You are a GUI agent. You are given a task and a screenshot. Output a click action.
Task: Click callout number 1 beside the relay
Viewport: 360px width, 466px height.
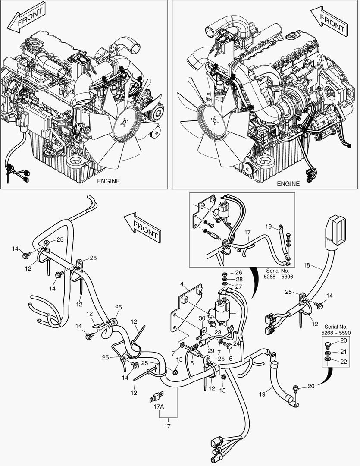point(237,312)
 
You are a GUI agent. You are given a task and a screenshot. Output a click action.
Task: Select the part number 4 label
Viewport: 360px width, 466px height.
point(182,284)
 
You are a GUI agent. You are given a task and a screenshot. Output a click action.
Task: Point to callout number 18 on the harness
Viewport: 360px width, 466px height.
point(307,266)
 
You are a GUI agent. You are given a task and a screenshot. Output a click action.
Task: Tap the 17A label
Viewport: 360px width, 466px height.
point(159,407)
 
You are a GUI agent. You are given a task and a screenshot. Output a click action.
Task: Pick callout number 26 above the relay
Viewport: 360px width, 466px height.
point(238,273)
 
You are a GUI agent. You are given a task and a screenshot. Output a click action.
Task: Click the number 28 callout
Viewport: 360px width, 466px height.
point(238,280)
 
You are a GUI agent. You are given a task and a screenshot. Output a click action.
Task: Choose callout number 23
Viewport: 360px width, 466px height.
point(218,333)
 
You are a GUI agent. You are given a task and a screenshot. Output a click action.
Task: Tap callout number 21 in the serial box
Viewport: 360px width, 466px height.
point(343,351)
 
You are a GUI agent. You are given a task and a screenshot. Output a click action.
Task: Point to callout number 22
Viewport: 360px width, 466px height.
point(343,362)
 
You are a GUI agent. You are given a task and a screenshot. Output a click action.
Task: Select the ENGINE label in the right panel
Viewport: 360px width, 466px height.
point(288,183)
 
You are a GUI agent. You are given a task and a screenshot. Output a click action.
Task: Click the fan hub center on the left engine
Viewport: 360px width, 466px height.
point(125,123)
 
